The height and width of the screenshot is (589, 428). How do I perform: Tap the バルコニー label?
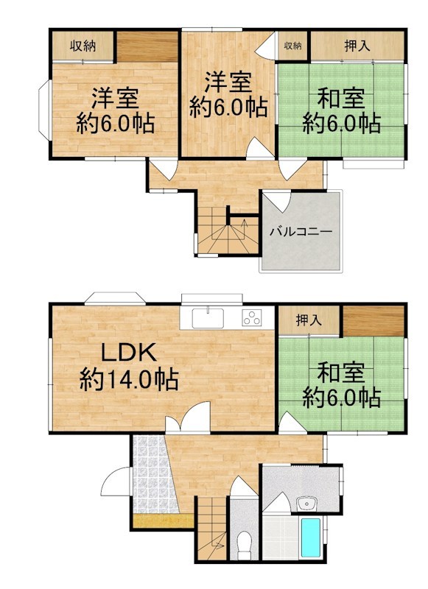(x=300, y=231)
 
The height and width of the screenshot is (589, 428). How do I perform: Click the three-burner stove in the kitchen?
(x=252, y=318)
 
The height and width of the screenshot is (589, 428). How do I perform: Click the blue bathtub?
(x=310, y=539)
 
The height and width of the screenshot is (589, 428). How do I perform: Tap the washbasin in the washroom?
(x=303, y=504)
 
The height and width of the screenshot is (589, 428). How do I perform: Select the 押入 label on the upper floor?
(x=357, y=46)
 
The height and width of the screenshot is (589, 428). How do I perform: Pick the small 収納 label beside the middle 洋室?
(x=292, y=46)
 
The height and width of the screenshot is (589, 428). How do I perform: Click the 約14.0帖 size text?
(x=128, y=380)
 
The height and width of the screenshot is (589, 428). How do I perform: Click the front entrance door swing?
(x=116, y=483)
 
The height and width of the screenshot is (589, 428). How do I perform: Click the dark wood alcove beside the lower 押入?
(x=374, y=320)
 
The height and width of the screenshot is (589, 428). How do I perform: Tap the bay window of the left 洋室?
(x=43, y=110)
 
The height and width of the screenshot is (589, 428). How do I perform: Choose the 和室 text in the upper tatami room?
(x=341, y=97)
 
